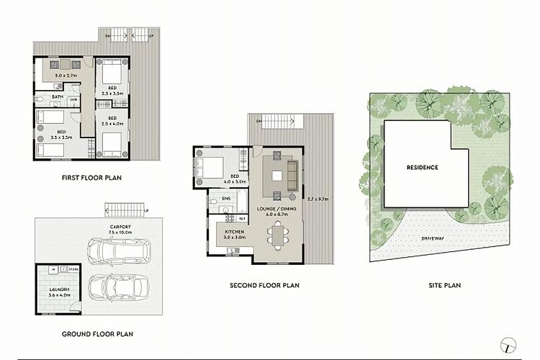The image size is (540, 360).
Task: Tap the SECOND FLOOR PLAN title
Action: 264,285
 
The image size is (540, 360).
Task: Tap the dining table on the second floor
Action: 277,234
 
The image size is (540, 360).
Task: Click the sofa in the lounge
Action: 292,176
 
